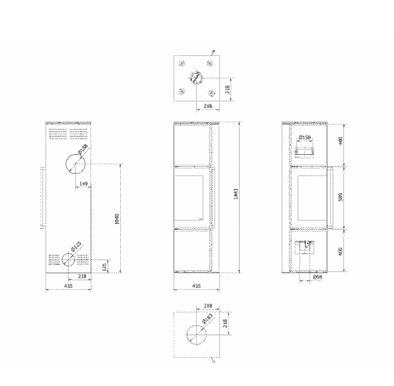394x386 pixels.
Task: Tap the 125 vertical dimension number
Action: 105,265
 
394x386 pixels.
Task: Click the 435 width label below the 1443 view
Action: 196,287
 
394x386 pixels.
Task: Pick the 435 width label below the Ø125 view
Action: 68,287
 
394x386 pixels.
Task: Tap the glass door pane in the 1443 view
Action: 191,196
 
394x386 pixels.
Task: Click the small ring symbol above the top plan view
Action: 213,51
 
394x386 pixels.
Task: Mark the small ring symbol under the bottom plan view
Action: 212,360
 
